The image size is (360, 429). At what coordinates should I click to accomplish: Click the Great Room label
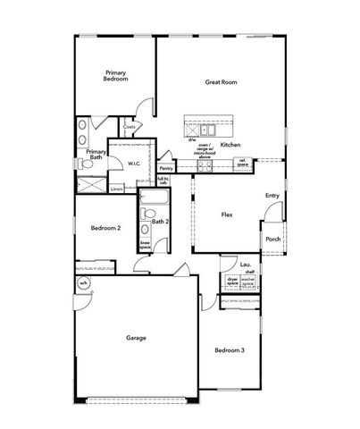pyautogui.click(x=220, y=82)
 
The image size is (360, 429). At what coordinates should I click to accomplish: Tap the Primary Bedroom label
pyautogui.click(x=116, y=76)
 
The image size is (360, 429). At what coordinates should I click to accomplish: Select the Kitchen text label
pyautogui.click(x=230, y=144)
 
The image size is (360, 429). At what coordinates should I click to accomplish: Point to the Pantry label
pyautogui.click(x=166, y=167)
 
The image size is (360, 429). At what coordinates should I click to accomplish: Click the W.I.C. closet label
pyautogui.click(x=132, y=164)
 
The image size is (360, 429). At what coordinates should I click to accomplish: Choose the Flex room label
pyautogui.click(x=227, y=214)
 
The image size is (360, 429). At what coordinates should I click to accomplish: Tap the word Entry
pyautogui.click(x=272, y=196)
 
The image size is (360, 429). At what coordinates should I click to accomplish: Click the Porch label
pyautogui.click(x=272, y=239)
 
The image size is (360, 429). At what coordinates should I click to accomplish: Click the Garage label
pyautogui.click(x=136, y=338)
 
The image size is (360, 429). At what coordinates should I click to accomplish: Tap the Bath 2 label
pyautogui.click(x=161, y=222)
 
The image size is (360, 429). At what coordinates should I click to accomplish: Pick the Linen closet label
pyautogui.click(x=116, y=189)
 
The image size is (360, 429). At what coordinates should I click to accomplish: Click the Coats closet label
pyautogui.click(x=129, y=127)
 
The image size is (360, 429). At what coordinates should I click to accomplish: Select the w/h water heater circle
pyautogui.click(x=83, y=284)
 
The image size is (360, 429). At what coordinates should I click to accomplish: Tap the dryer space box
pyautogui.click(x=232, y=282)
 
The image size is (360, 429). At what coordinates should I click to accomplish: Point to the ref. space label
pyautogui.click(x=241, y=162)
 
